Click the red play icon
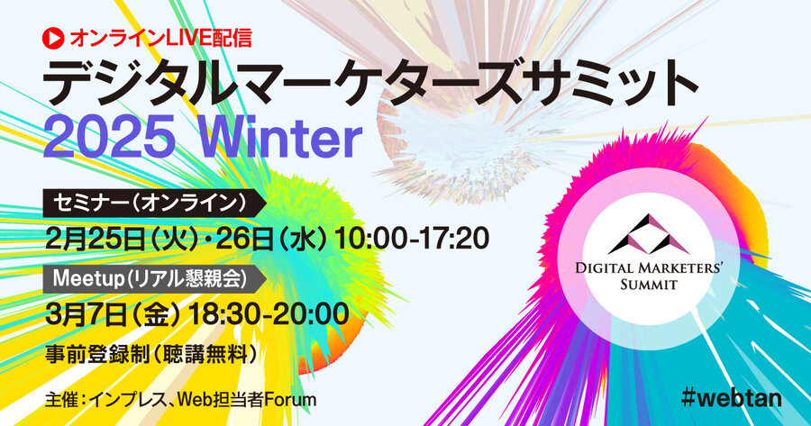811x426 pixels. [x=53, y=38]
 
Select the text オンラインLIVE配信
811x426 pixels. [x=161, y=38]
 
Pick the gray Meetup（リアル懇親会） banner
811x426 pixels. [x=154, y=279]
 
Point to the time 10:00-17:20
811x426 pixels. [x=412, y=240]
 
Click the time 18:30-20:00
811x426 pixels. [x=269, y=314]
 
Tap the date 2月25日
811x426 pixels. [x=95, y=240]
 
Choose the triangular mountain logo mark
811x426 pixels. [x=649, y=234]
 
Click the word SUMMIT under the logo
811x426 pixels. [x=649, y=285]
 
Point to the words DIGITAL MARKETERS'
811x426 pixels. [x=649, y=267]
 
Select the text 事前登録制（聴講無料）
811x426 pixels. [x=151, y=354]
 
